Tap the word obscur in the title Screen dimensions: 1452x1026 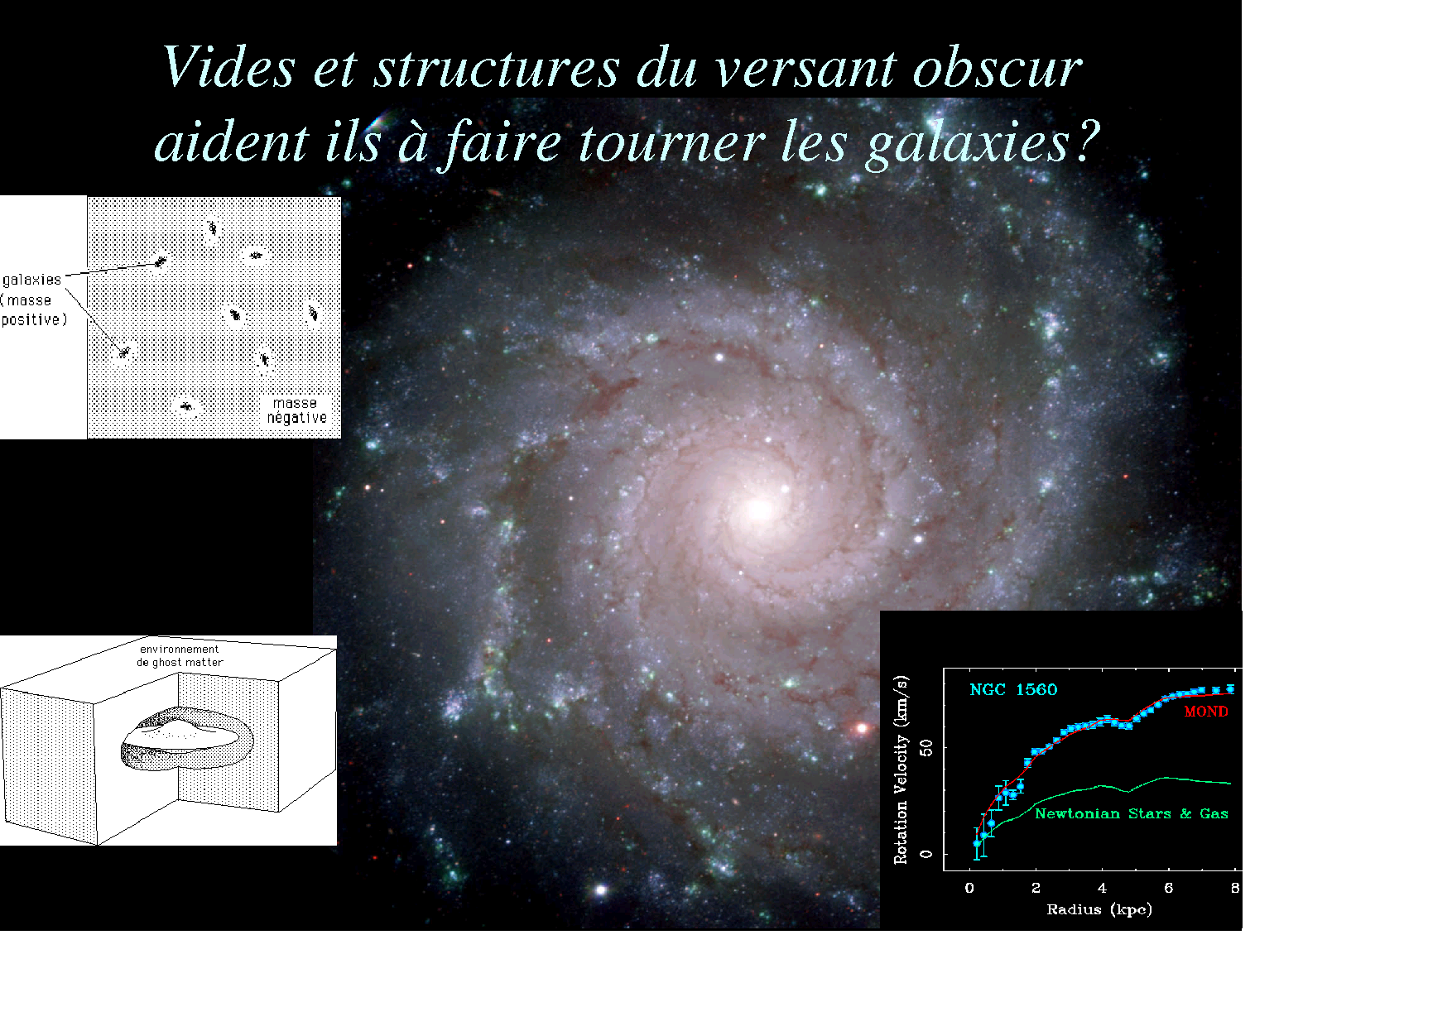click(998, 67)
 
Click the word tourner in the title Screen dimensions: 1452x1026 click(671, 142)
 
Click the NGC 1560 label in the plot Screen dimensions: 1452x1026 click(1013, 690)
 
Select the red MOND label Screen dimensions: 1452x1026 click(1206, 712)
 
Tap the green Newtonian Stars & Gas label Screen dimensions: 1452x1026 click(1132, 814)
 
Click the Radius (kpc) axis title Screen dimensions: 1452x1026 click(1099, 910)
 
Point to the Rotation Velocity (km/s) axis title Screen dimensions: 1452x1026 click(901, 770)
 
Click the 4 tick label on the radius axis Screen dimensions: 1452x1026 click(1102, 889)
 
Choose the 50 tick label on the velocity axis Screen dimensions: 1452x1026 click(926, 748)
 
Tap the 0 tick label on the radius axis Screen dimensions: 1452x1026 click(969, 889)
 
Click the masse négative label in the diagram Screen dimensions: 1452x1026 click(296, 411)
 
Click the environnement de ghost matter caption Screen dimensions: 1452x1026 click(180, 656)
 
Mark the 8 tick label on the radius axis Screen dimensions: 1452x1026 click(1235, 889)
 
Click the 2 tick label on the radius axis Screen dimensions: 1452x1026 click(1036, 889)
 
